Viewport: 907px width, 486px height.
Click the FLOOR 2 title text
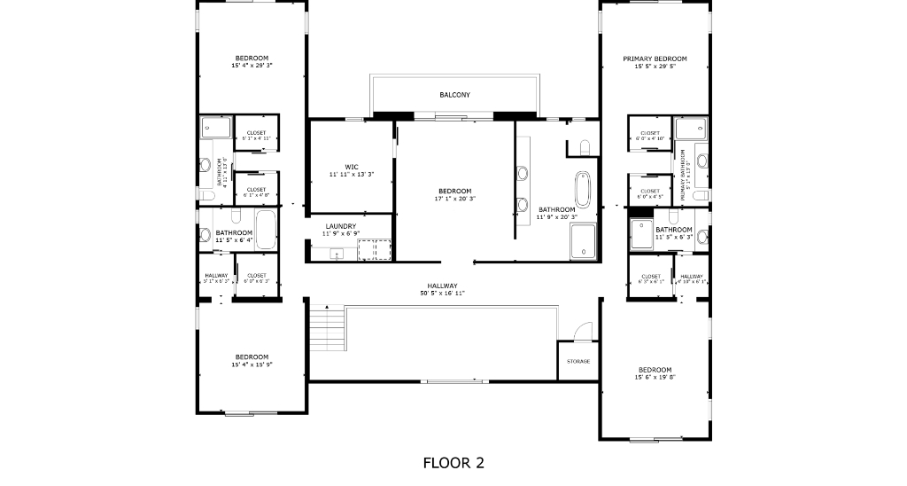[x=453, y=462]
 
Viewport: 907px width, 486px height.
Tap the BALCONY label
[x=454, y=95]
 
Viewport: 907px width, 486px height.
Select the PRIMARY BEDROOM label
[x=655, y=59]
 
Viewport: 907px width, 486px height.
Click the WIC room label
[x=352, y=166]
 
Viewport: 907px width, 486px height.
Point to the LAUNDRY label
[x=340, y=226]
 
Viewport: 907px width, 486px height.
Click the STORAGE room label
[x=578, y=361]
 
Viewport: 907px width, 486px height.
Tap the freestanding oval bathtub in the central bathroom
[x=584, y=187]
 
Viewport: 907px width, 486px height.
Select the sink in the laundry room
[x=337, y=254]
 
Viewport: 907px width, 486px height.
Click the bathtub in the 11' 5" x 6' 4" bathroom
[x=265, y=230]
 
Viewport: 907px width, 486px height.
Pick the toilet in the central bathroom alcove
[x=584, y=145]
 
